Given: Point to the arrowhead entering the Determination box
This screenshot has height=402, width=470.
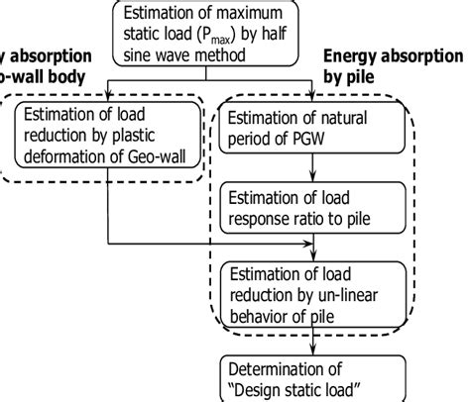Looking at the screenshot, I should click(x=313, y=346).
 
